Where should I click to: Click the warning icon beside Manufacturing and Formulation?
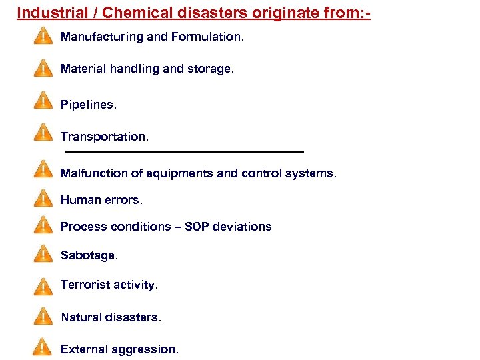pyautogui.click(x=43, y=36)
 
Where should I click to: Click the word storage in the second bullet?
pyautogui.click(x=211, y=69)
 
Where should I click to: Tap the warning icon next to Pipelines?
pyautogui.click(x=43, y=101)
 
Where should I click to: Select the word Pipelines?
pyautogui.click(x=88, y=105)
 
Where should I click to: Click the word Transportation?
pyautogui.click(x=104, y=137)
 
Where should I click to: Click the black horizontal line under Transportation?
pyautogui.click(x=183, y=153)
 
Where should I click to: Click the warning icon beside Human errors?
pyautogui.click(x=43, y=198)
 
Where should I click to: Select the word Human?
pyautogui.click(x=79, y=200)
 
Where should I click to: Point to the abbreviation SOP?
pyautogui.click(x=197, y=227)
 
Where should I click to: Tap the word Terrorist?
pyautogui.click(x=85, y=285)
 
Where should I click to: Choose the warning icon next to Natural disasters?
pyautogui.click(x=43, y=316)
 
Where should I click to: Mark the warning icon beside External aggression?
pyautogui.click(x=43, y=347)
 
